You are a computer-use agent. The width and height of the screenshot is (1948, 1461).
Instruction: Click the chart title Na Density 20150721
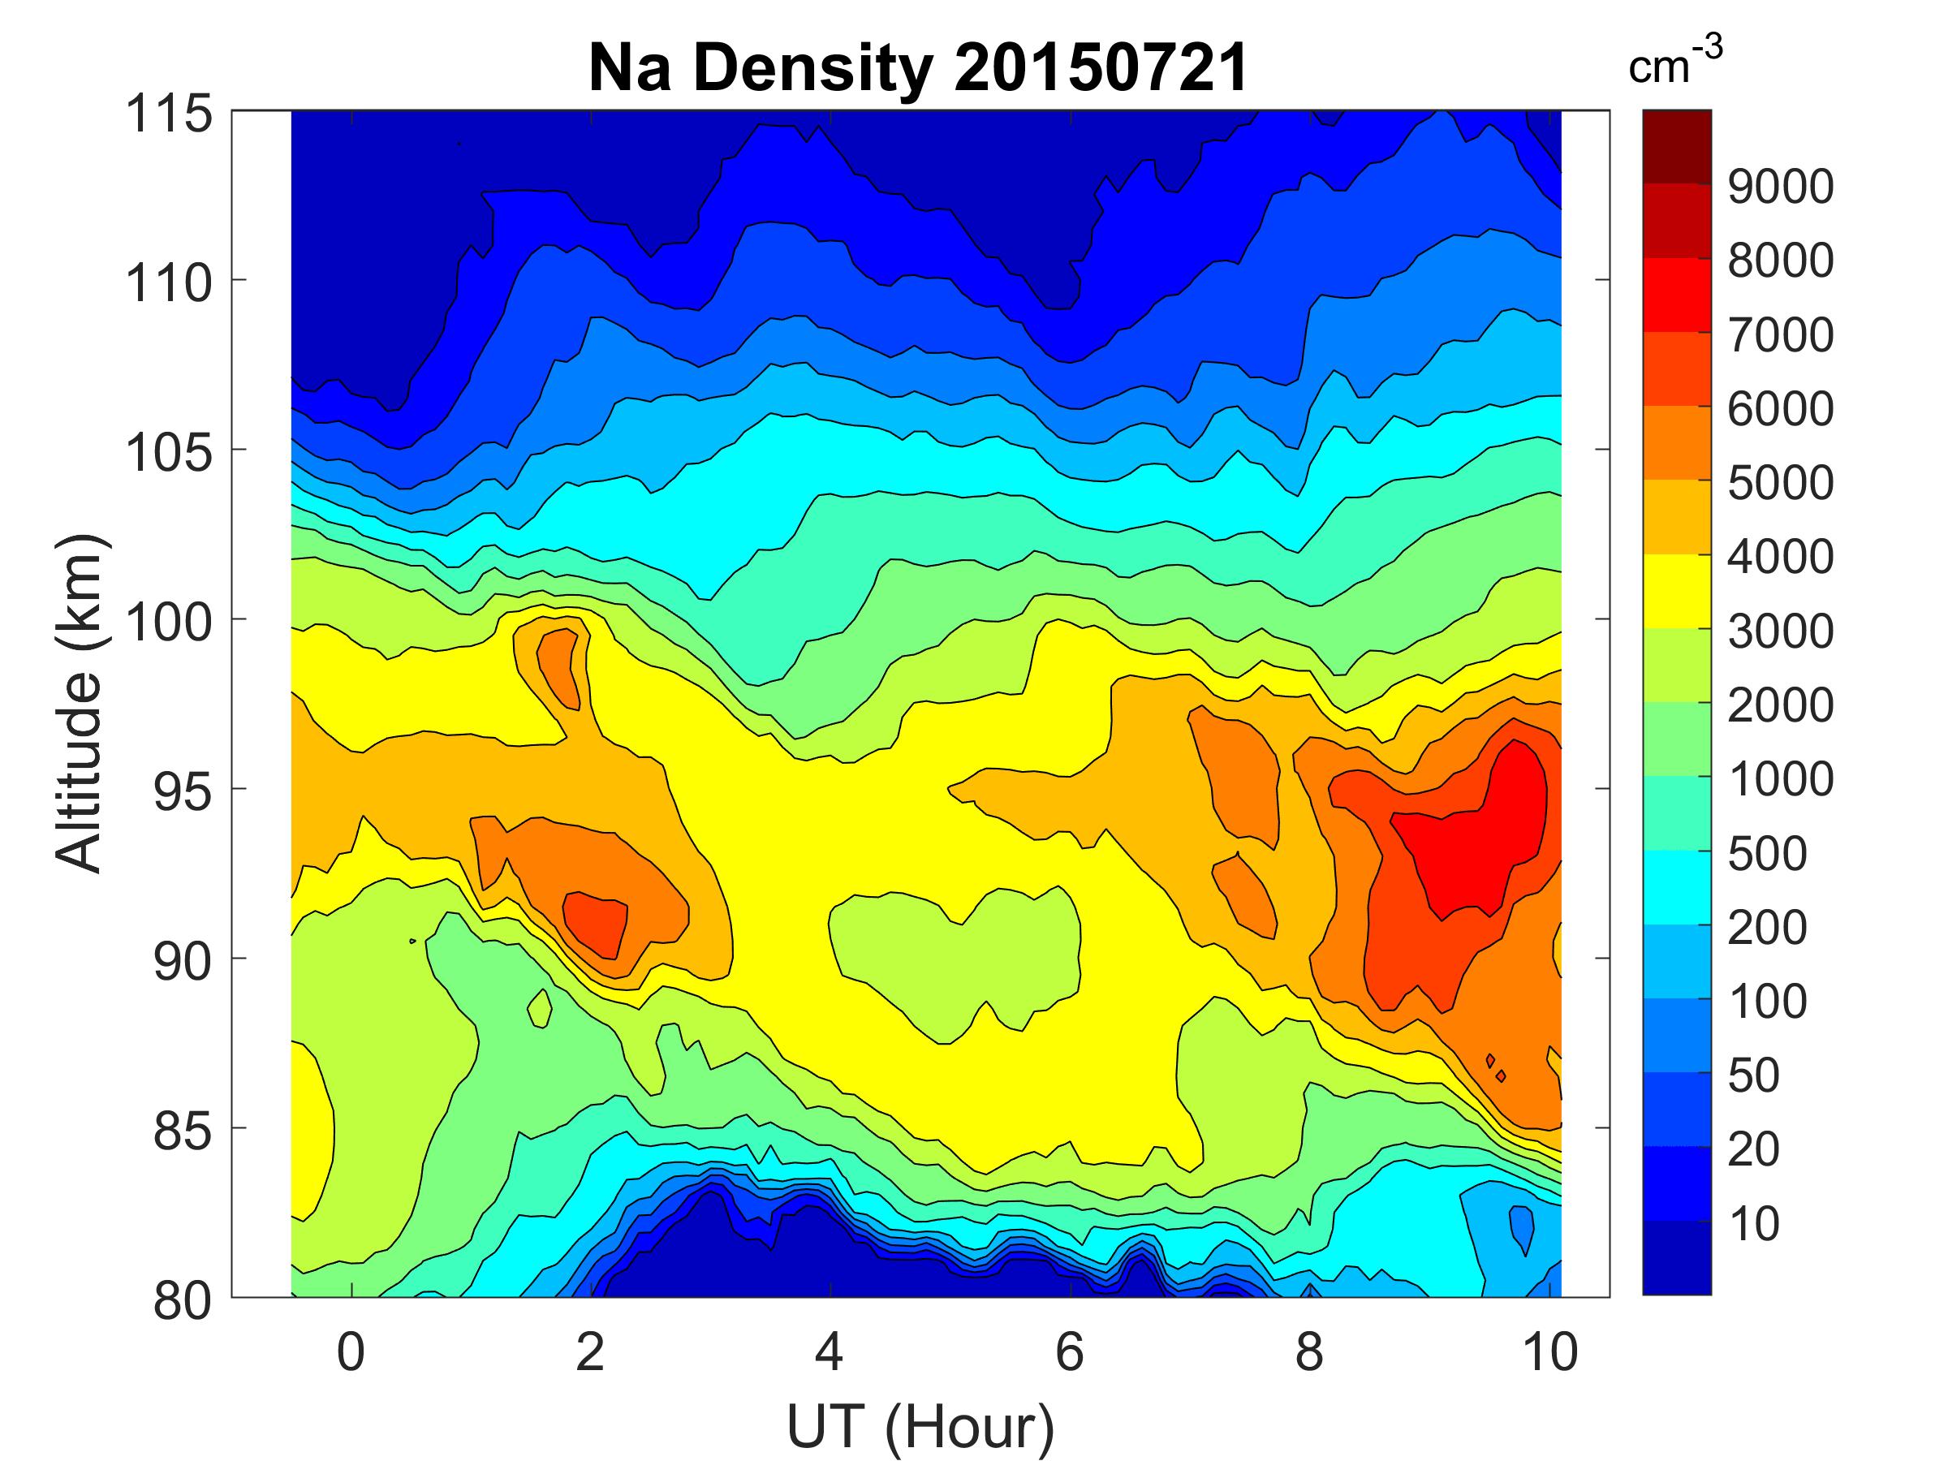click(918, 69)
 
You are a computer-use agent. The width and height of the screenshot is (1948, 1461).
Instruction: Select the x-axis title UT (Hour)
click(920, 1426)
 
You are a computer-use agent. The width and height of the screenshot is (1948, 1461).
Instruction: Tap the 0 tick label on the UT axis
click(351, 1351)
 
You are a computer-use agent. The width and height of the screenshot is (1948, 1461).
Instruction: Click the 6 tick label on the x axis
click(1069, 1351)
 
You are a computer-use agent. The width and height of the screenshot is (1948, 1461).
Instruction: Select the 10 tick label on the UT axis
click(1549, 1351)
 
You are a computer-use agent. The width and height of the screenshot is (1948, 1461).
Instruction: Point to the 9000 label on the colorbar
click(1780, 187)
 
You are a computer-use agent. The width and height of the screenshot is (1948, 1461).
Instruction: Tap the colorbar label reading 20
click(1753, 1149)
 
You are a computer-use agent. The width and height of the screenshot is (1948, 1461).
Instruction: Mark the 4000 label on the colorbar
click(1780, 557)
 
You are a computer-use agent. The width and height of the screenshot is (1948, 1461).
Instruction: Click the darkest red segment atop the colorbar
click(1677, 146)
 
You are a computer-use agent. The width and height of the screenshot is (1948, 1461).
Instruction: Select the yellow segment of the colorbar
click(1677, 591)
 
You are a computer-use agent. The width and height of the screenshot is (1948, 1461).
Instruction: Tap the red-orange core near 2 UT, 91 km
click(595, 924)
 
